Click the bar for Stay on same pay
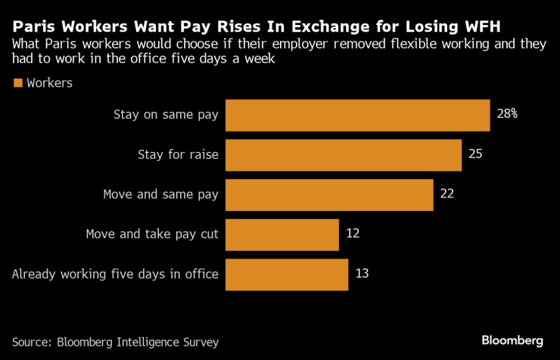tap(358, 115)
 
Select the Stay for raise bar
tap(344, 155)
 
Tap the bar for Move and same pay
tap(329, 194)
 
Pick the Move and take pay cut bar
tap(282, 234)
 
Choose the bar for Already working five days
tap(287, 274)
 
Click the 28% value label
tap(507, 114)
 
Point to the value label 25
tap(475, 154)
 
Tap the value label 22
tap(446, 194)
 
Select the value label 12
tap(352, 234)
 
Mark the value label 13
tap(362, 274)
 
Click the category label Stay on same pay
tap(166, 115)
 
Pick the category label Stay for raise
tap(178, 155)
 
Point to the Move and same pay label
tap(160, 194)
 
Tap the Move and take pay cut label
tap(152, 234)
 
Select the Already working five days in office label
tap(115, 274)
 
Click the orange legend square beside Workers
tap(17, 83)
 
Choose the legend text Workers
tap(49, 83)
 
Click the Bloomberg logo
tap(512, 340)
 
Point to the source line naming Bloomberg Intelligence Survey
tap(115, 342)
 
